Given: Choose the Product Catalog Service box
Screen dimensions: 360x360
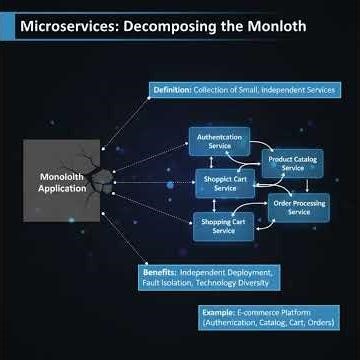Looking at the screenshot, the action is (x=293, y=163).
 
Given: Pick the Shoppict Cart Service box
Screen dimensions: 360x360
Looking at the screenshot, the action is (x=226, y=183).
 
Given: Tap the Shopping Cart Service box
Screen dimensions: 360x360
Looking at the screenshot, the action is (x=224, y=226).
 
